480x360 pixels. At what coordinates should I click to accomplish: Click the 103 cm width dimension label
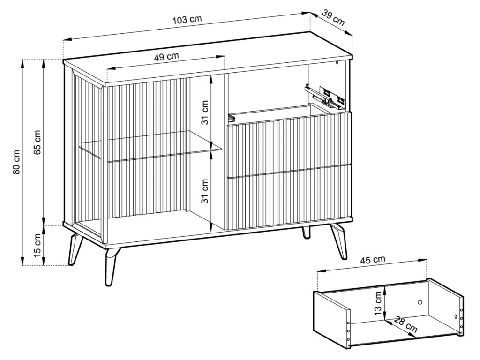click(187, 20)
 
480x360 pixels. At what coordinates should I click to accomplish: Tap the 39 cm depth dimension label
click(333, 18)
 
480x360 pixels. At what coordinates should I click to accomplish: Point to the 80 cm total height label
click(16, 162)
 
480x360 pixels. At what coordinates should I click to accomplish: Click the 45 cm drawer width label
click(373, 260)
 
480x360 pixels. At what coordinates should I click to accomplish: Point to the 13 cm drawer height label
click(378, 303)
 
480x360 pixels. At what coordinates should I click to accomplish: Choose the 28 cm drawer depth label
click(405, 324)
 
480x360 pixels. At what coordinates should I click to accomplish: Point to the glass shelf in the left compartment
click(150, 145)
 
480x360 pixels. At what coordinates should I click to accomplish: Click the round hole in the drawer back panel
click(420, 302)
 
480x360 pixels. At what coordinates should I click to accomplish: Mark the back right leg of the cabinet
click(306, 232)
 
